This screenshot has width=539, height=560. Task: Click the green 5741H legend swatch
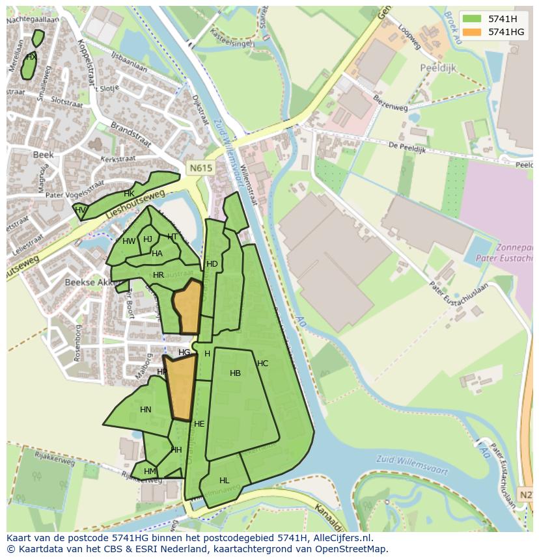[x=473, y=19]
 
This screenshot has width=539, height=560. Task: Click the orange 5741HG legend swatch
[x=473, y=32]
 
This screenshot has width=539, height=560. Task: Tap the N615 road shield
[x=201, y=168]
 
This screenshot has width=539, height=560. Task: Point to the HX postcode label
[x=31, y=57]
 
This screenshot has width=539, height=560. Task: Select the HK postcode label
[x=129, y=194]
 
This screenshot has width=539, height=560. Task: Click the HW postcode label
[x=129, y=241]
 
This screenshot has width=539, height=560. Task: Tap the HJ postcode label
[x=148, y=239]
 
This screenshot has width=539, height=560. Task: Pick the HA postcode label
[x=157, y=254]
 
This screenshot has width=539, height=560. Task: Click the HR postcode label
[x=158, y=275]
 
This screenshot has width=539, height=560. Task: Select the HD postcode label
[x=212, y=264]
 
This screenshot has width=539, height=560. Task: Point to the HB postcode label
[x=235, y=373]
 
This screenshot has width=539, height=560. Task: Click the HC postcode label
[x=262, y=364]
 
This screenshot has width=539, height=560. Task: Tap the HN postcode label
[x=145, y=410]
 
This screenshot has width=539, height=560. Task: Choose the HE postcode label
[x=199, y=424]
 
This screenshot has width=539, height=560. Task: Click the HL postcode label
[x=224, y=481]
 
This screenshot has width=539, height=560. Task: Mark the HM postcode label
[x=150, y=472]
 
